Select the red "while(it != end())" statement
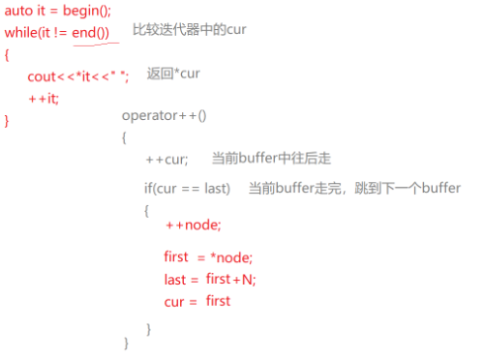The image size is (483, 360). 57,32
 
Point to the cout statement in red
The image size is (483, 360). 77,76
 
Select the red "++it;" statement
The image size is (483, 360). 44,99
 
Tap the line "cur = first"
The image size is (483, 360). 197,301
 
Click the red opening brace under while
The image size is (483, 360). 7,54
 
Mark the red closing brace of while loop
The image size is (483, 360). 7,121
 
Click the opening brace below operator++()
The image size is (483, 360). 125,137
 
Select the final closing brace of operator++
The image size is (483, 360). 125,344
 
